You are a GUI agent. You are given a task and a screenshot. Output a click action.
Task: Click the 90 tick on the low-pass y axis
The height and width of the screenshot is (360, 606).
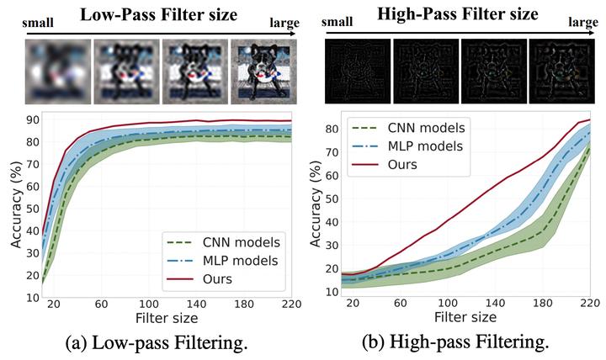click(x=31, y=119)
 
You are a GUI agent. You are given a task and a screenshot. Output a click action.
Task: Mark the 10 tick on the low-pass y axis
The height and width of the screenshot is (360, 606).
click(x=31, y=297)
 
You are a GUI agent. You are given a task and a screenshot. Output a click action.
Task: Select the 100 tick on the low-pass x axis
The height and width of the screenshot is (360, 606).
click(x=150, y=305)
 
